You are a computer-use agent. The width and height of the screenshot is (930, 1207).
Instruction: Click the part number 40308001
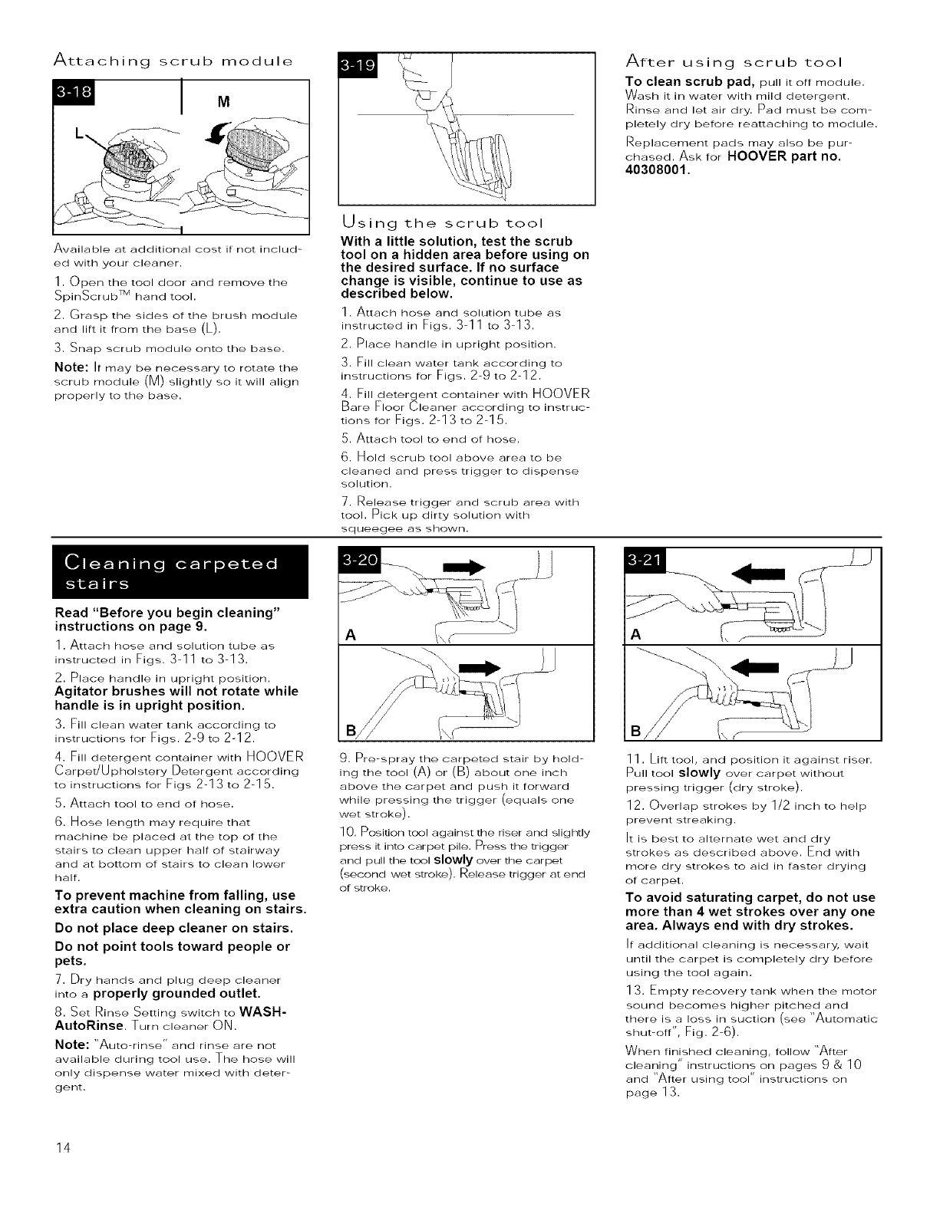click(657, 170)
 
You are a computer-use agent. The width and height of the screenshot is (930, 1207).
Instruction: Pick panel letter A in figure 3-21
click(635, 633)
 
